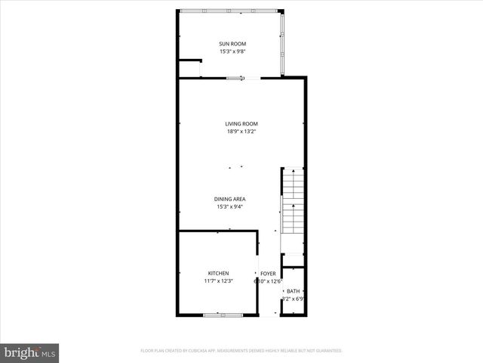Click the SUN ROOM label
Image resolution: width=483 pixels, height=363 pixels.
tap(232, 44)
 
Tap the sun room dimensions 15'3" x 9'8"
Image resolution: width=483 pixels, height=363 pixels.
tap(232, 52)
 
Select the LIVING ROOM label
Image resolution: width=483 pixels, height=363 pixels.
tap(241, 124)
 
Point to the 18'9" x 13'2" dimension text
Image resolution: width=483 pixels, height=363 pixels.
tap(241, 132)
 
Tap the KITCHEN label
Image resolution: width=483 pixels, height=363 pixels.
tap(218, 273)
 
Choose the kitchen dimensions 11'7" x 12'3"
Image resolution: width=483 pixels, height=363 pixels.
tap(218, 281)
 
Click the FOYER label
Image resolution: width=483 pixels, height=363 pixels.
tap(268, 273)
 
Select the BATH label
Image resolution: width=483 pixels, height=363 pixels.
tap(293, 290)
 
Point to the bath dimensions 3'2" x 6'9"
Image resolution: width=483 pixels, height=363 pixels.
tap(293, 299)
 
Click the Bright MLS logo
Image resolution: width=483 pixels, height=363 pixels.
tap(30, 352)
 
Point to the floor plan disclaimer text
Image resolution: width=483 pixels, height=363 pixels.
tap(241, 351)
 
